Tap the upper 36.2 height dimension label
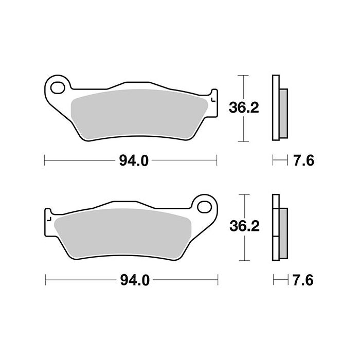click(242, 107)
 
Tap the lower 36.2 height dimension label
click(242, 227)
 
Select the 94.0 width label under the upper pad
click(134, 160)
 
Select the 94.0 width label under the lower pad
click(134, 280)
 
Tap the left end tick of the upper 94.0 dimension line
click(45, 160)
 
